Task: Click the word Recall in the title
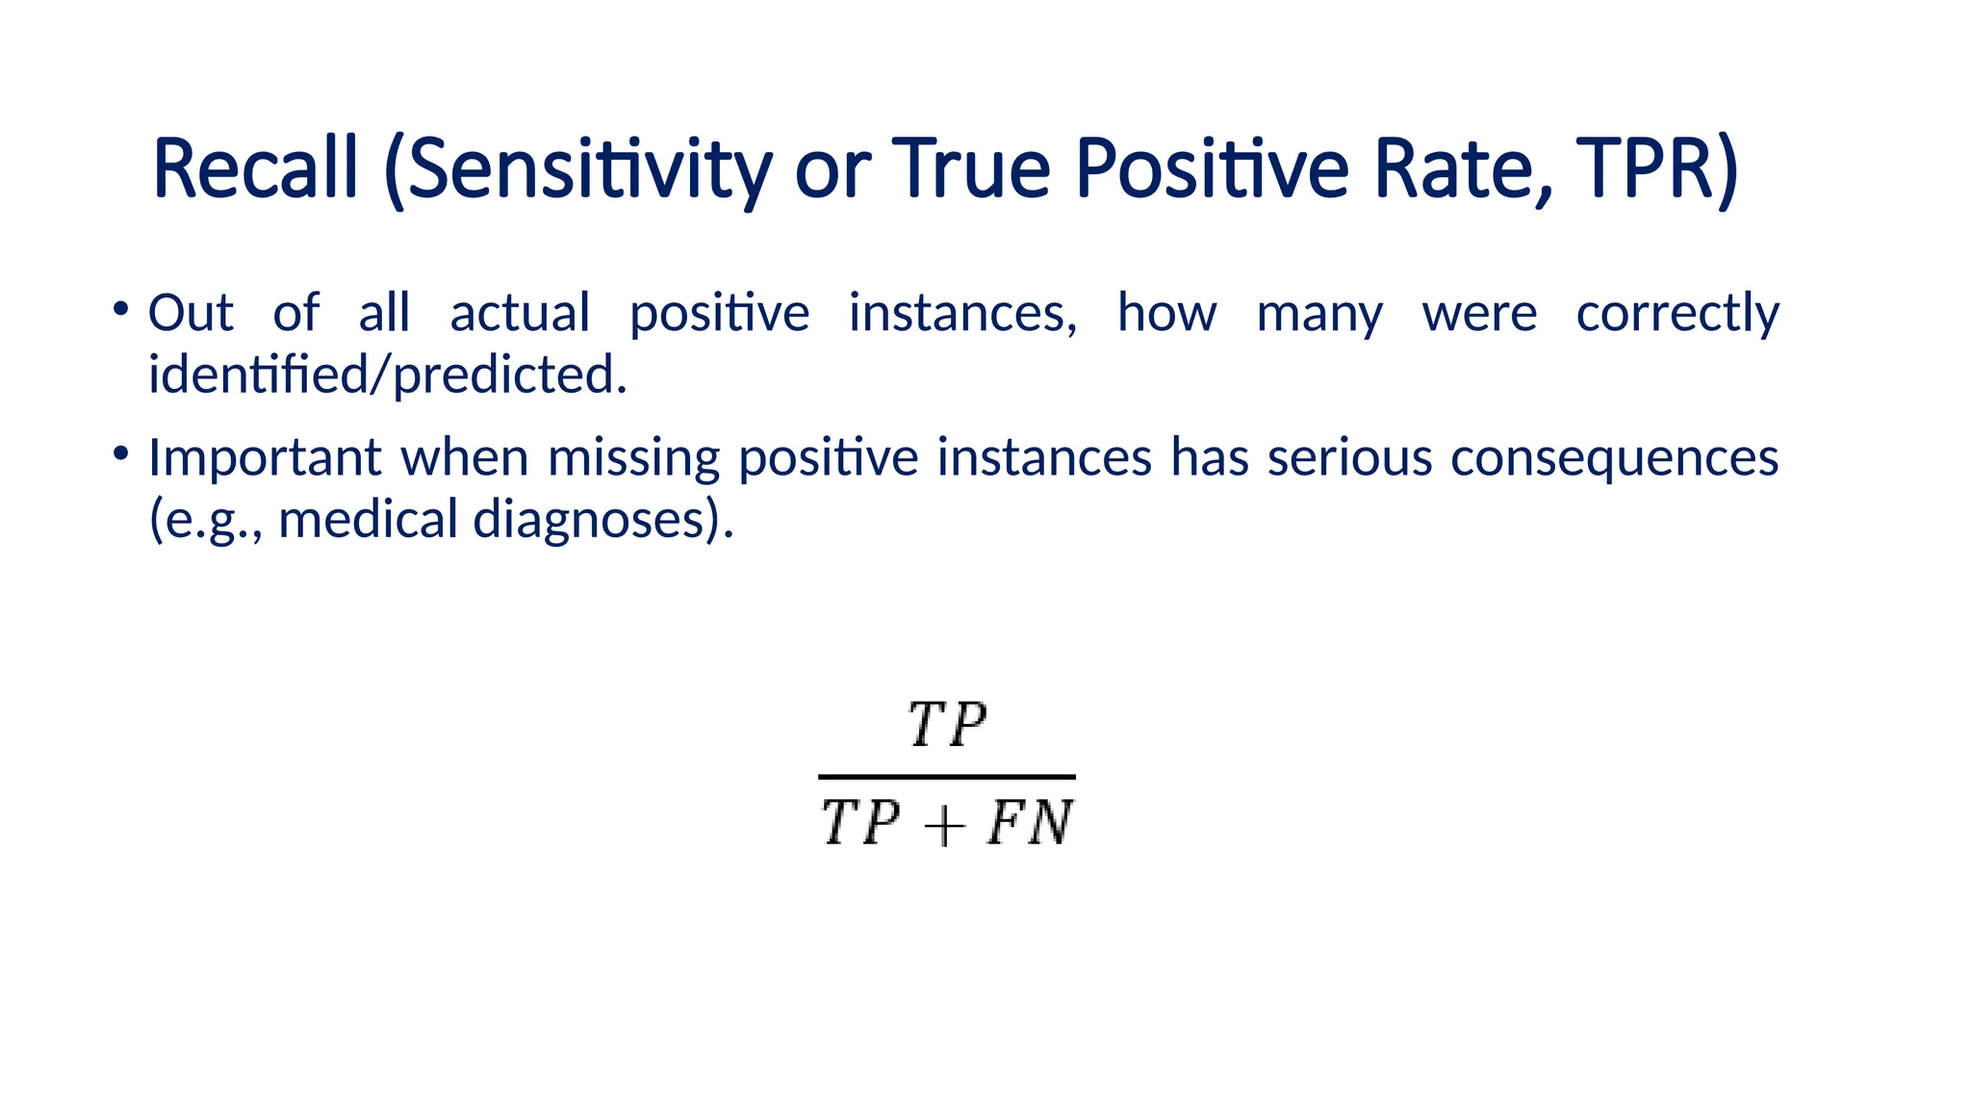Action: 255,169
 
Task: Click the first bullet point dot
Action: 120,309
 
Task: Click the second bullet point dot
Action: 120,452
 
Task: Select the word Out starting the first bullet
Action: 191,313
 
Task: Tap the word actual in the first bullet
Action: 520,313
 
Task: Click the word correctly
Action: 1677,315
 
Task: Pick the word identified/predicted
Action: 387,374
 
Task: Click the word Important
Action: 265,458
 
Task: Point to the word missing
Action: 633,458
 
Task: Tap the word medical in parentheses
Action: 368,520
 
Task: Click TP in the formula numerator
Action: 947,725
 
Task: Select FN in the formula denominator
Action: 1030,824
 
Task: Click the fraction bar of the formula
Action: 947,776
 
